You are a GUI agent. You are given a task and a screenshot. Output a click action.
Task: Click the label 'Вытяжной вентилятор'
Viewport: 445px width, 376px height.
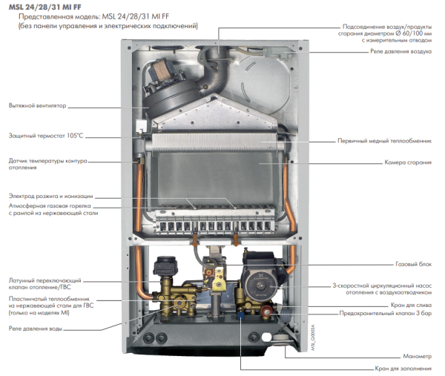[38, 106]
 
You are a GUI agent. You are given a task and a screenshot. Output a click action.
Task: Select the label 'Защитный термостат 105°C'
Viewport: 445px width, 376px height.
[46, 136]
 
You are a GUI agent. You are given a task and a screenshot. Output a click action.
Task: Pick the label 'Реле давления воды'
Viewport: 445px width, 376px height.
[36, 326]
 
